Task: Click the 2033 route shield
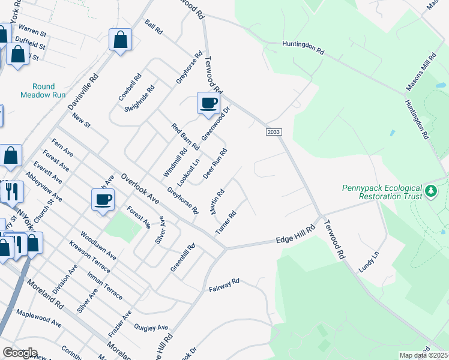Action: coord(272,132)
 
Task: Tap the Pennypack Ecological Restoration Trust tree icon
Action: coord(430,191)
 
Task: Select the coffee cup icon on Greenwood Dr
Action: coord(208,103)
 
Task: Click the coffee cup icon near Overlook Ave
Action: coord(103,199)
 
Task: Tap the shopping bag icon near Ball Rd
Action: coord(120,40)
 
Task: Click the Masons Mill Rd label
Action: coord(421,72)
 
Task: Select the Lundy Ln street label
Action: coord(369,262)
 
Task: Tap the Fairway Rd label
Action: coord(224,285)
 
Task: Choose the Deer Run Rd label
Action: coord(215,164)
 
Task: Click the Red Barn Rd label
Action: coord(185,137)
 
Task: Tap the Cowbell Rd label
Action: coord(130,87)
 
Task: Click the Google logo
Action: coord(20,353)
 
